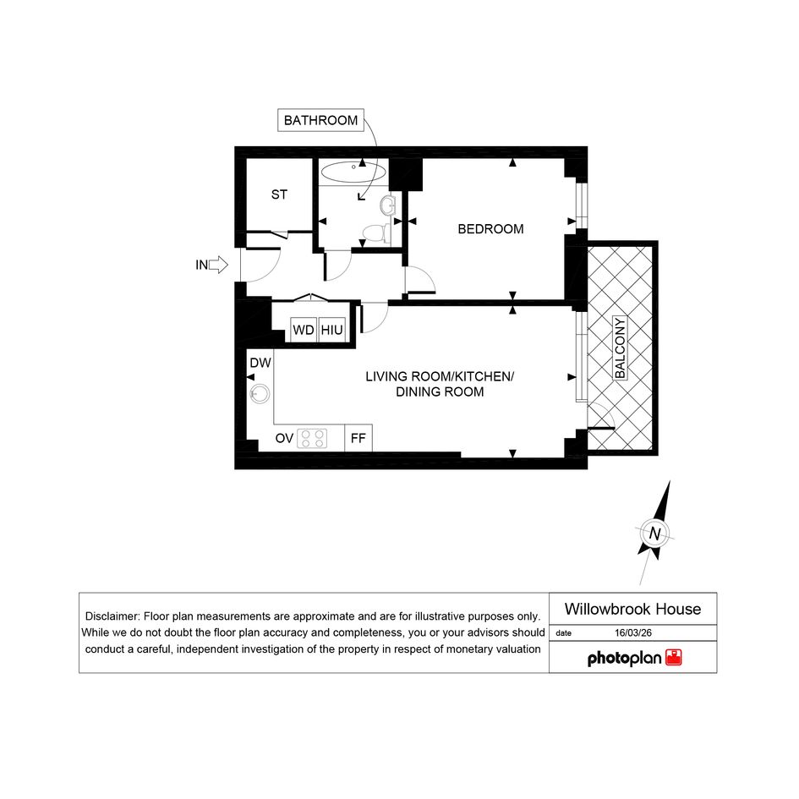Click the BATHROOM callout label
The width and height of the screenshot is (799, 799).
pyautogui.click(x=320, y=120)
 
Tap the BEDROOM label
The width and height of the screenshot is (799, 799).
pyautogui.click(x=490, y=229)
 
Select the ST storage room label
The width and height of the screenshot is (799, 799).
pyautogui.click(x=279, y=194)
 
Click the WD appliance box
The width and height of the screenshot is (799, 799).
pyautogui.click(x=304, y=330)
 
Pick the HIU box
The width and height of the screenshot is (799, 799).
pyautogui.click(x=331, y=330)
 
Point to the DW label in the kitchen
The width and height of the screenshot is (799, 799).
pyautogui.click(x=260, y=363)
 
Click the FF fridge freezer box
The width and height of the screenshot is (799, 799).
pyautogui.click(x=358, y=438)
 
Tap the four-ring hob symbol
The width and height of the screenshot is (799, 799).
pyautogui.click(x=312, y=438)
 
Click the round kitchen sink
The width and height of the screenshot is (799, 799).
pyautogui.click(x=260, y=393)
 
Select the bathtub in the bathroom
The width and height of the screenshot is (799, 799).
pyautogui.click(x=353, y=172)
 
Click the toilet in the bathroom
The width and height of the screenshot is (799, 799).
pyautogui.click(x=376, y=233)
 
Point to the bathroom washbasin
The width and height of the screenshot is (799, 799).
pyautogui.click(x=387, y=205)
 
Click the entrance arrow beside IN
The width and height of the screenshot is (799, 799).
pyautogui.click(x=219, y=265)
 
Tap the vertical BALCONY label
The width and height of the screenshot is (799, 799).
pyautogui.click(x=620, y=348)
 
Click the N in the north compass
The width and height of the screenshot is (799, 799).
pyautogui.click(x=654, y=534)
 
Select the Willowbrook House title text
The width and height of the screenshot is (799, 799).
pyautogui.click(x=632, y=609)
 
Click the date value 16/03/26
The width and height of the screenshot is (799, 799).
pyautogui.click(x=633, y=633)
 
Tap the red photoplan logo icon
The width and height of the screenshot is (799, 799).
pyautogui.click(x=674, y=657)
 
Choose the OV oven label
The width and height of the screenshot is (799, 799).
pyautogui.click(x=284, y=438)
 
